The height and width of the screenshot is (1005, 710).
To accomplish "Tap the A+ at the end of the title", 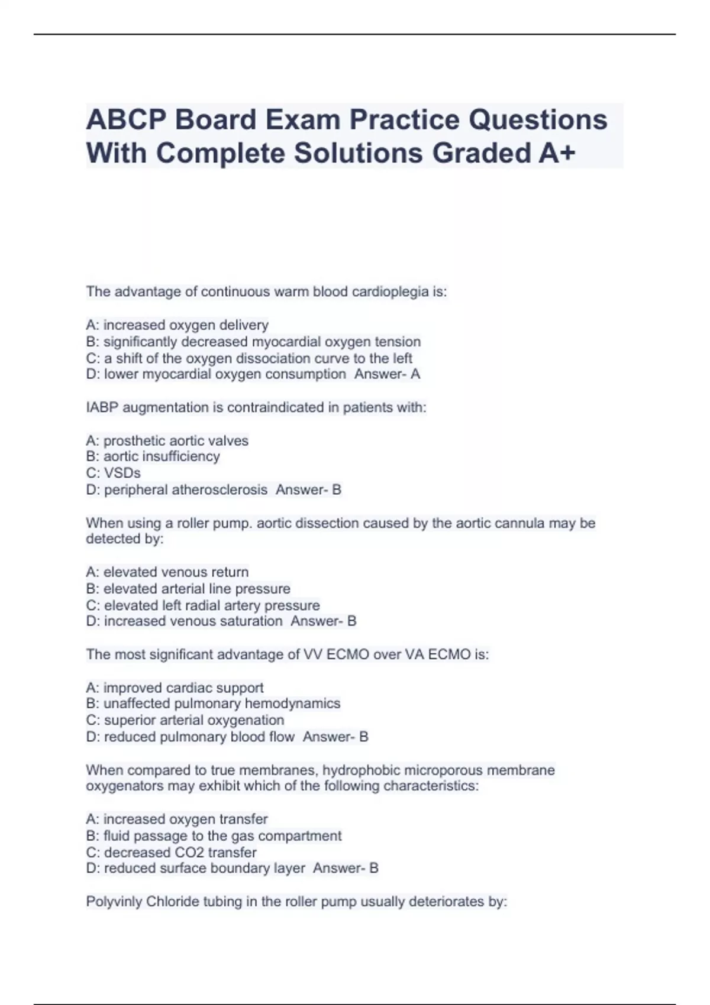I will [x=557, y=153].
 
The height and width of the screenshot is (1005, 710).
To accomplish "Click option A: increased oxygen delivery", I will [x=177, y=325].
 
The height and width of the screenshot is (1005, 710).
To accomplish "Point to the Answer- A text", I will [x=387, y=374].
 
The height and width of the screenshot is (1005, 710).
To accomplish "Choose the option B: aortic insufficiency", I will [x=153, y=456].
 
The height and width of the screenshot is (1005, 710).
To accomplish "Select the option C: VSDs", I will [x=113, y=473].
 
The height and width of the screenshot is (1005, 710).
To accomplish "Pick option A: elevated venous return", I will [x=167, y=572].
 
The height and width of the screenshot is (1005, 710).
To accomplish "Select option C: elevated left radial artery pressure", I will [x=202, y=605].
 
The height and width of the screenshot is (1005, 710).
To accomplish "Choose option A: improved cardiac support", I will [x=175, y=688].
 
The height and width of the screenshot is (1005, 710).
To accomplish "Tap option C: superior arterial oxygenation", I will [x=185, y=721].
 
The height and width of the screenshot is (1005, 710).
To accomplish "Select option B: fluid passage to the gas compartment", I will [x=214, y=836].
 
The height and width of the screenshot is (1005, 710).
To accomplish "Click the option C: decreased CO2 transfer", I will [x=171, y=852].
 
